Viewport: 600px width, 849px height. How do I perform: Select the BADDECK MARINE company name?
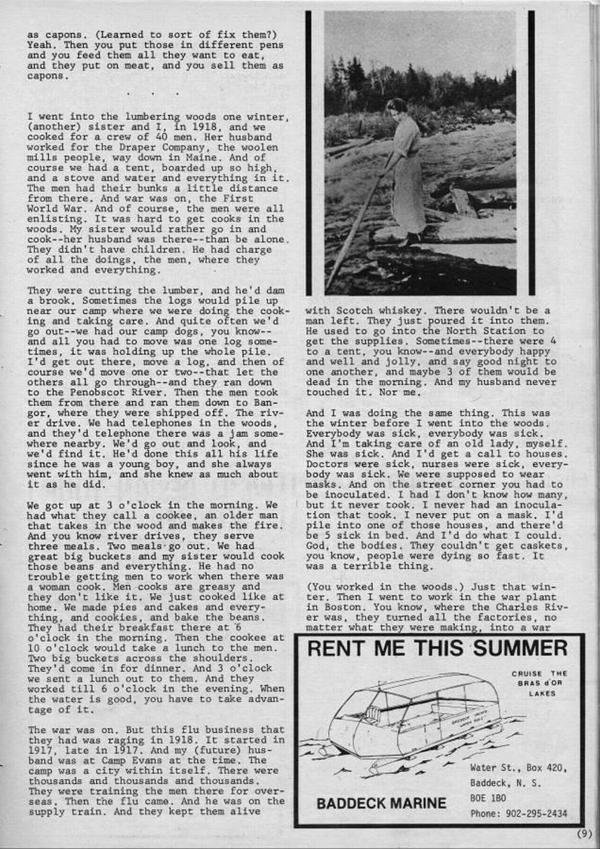[380, 803]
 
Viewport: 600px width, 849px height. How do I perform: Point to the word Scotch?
[357, 310]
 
